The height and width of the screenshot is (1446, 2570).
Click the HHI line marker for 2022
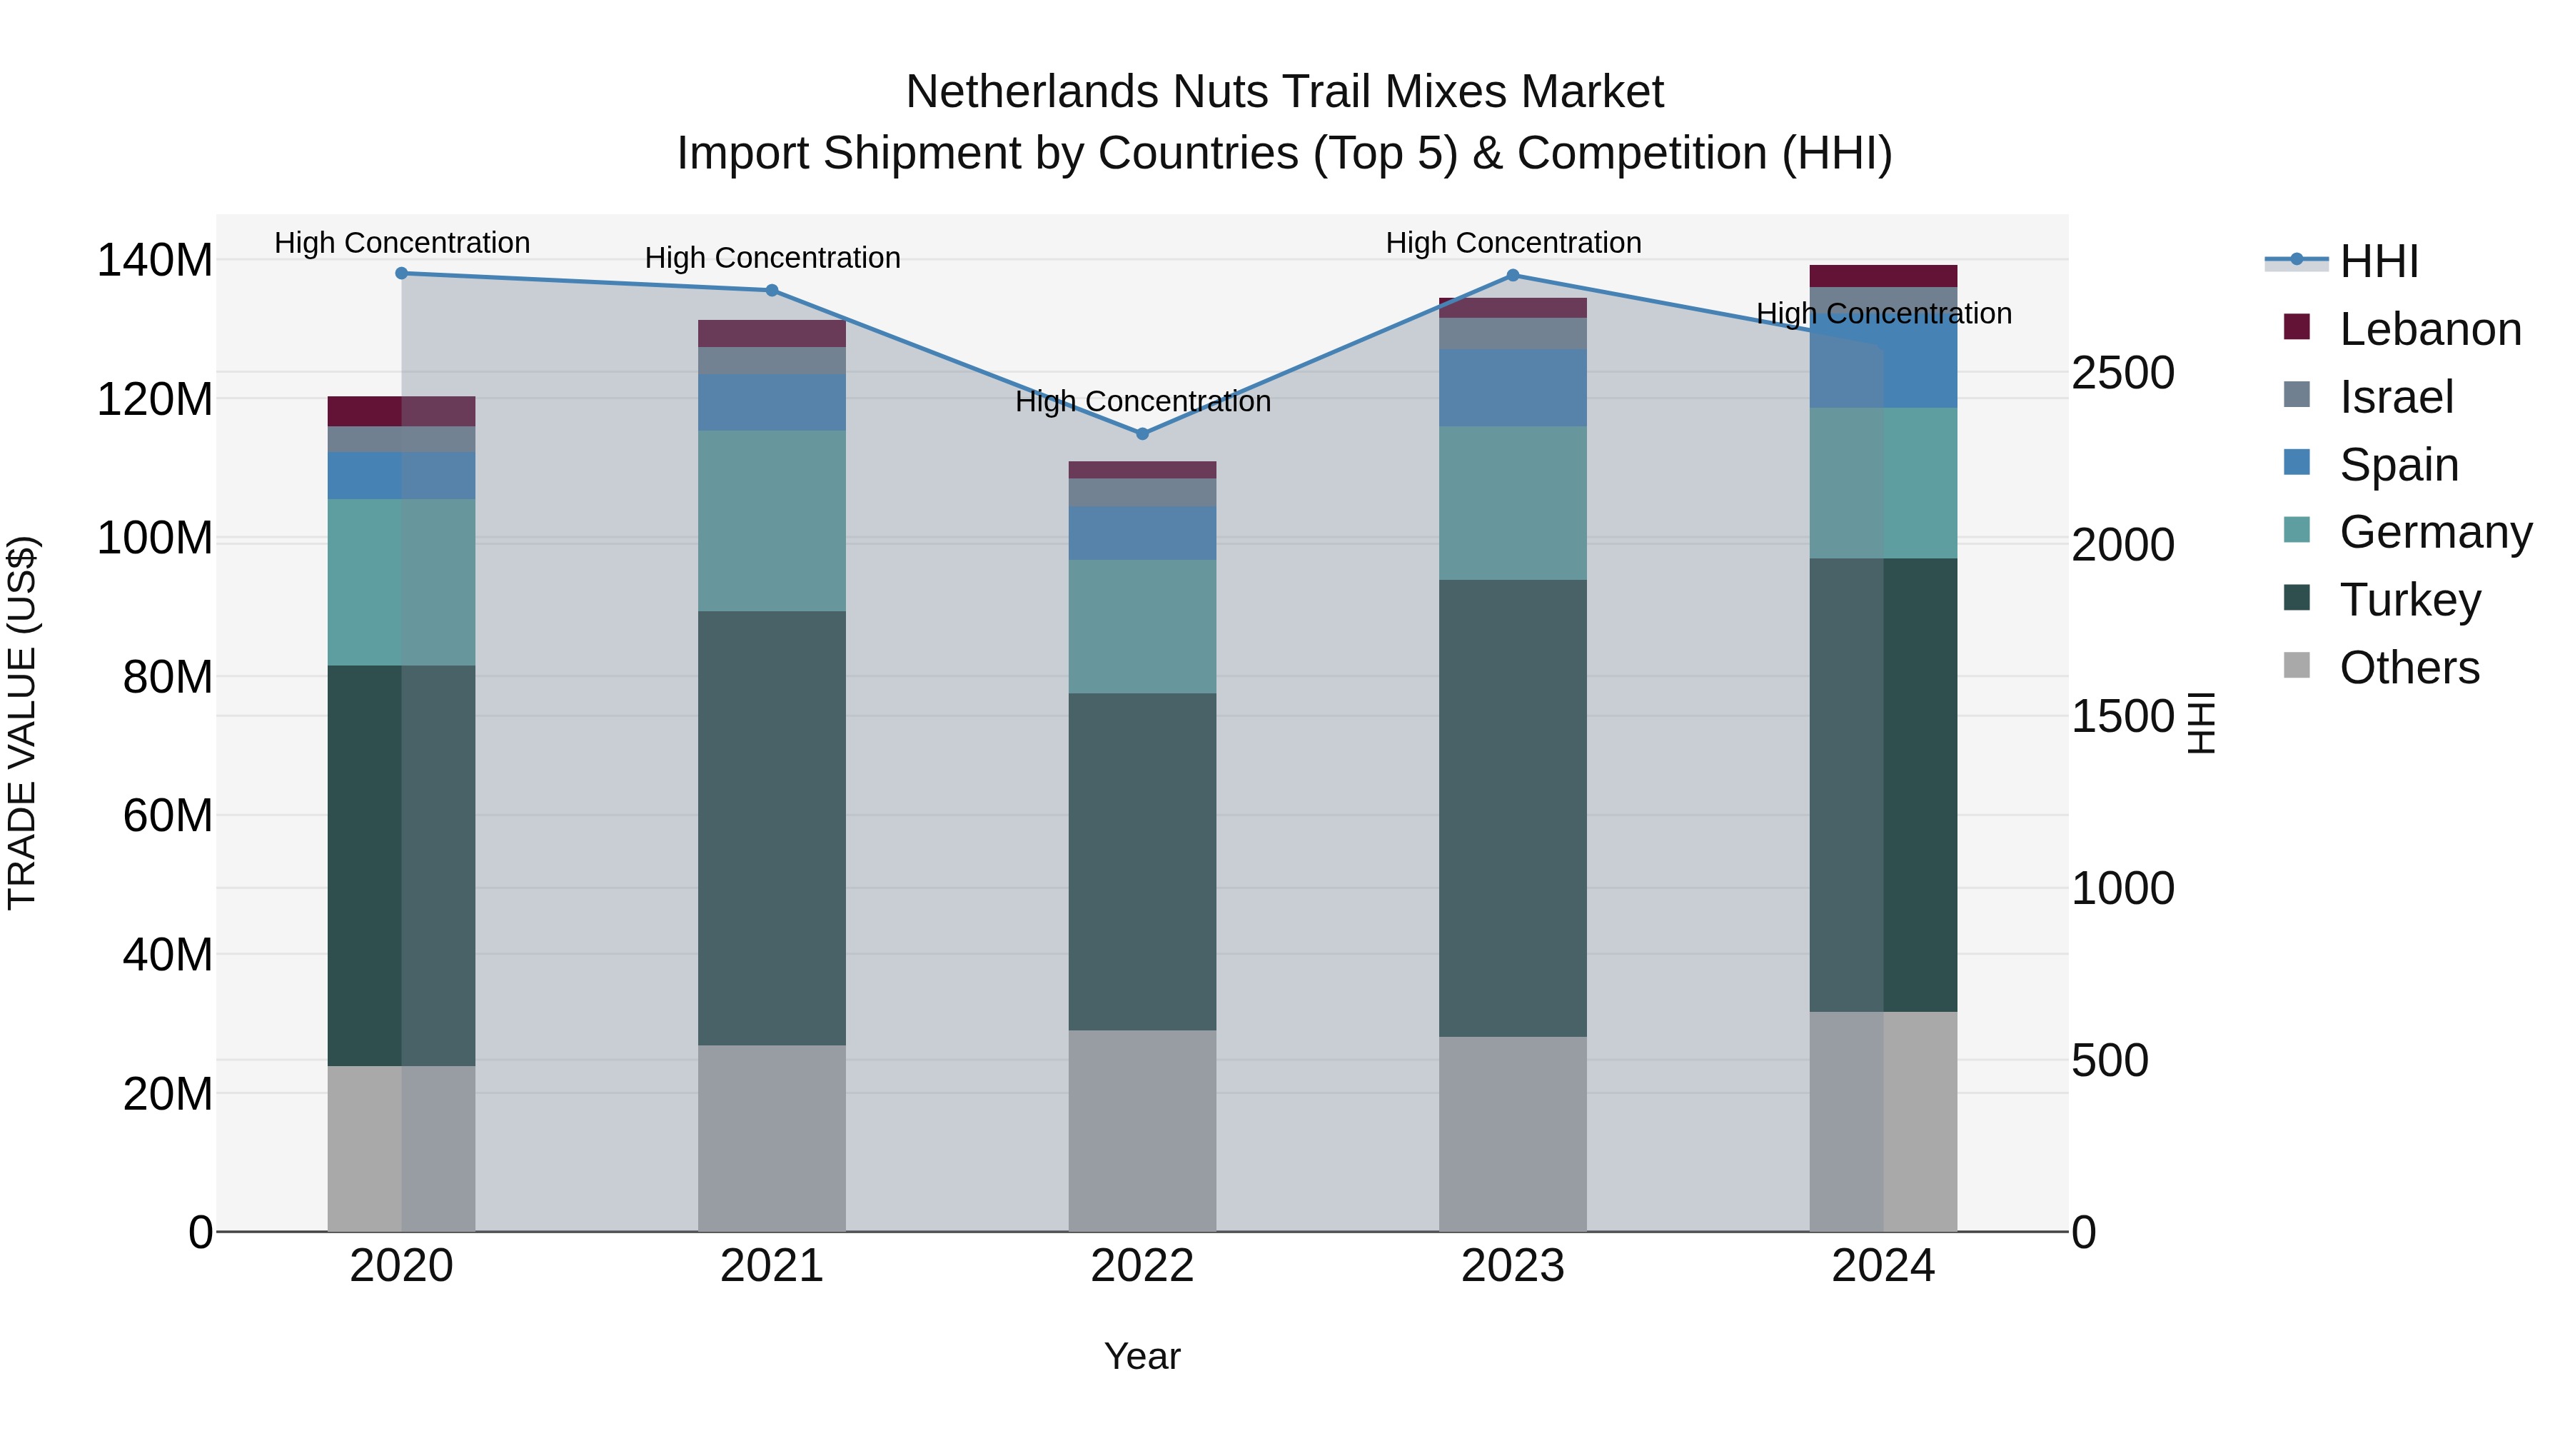(x=1142, y=434)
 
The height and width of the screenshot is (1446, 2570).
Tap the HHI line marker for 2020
(x=401, y=273)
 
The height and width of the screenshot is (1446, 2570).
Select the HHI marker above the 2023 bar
(x=1513, y=276)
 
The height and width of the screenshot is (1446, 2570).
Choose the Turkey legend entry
(x=2409, y=600)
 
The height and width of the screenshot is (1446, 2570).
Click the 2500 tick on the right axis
(x=2122, y=373)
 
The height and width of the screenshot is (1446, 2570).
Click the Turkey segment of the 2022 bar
(x=1142, y=861)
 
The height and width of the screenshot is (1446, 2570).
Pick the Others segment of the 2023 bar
(x=1513, y=1134)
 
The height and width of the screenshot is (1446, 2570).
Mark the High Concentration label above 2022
(x=1142, y=401)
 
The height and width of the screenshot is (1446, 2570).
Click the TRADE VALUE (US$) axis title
(x=22, y=723)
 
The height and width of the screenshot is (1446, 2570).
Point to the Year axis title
(x=1142, y=1356)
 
